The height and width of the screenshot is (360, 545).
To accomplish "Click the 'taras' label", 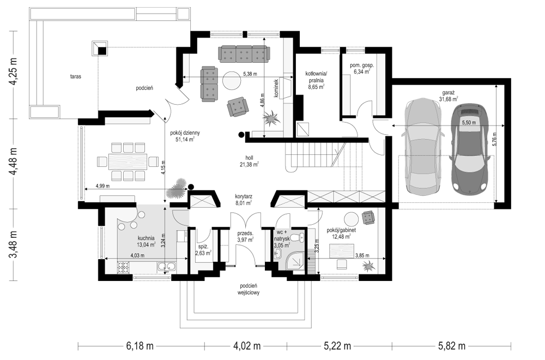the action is coord(75,76).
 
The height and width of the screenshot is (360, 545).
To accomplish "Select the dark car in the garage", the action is coord(469,148).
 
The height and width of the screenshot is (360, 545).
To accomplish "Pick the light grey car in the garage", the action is coord(423,146).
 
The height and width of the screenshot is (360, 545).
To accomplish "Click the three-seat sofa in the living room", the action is coord(244,54).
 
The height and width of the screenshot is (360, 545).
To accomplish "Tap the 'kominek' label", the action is coord(276,89).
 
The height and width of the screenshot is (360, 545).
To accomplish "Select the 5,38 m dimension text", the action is coord(250,74).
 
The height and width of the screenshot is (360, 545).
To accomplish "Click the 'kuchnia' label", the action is coord(146,238).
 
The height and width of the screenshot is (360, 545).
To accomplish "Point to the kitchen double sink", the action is coord(166,267).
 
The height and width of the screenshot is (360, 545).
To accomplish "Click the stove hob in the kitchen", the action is coord(123,267).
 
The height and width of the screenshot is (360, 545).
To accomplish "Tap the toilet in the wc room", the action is coord(298,238).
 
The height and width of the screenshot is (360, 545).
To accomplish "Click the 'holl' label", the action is coord(249,157).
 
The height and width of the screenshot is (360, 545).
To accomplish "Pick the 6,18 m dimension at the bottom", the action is coord(140,346).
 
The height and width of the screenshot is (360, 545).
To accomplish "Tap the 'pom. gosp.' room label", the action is coord(362,65).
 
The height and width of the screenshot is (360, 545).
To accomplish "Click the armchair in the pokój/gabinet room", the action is coord(368,218).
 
